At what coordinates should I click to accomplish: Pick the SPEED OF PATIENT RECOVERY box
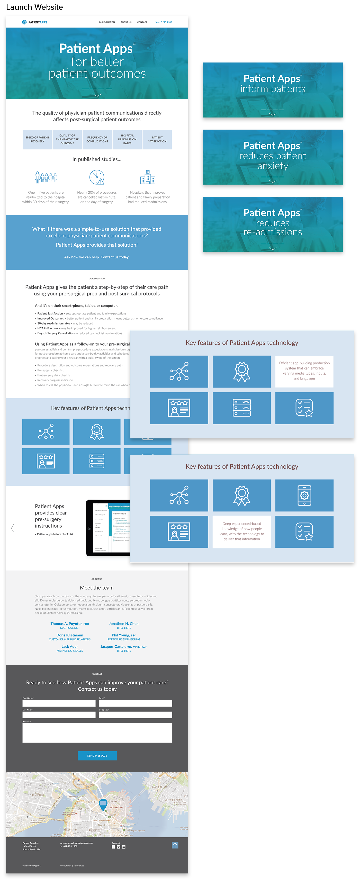(37, 140)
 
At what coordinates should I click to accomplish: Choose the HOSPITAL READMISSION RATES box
(127, 140)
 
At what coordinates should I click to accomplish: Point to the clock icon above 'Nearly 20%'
(97, 177)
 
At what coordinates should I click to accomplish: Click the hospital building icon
(148, 177)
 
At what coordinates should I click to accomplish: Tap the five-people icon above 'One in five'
(46, 177)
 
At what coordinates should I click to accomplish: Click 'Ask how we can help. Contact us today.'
(97, 257)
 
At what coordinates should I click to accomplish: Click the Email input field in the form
(135, 703)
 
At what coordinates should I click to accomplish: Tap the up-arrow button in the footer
(175, 845)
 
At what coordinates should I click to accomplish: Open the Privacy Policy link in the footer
(66, 866)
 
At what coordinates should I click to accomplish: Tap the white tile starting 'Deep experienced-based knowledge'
(242, 531)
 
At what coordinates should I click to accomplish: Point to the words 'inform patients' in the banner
(273, 89)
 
